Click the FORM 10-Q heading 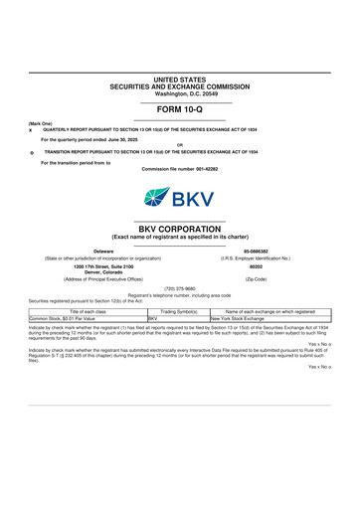[x=179, y=108]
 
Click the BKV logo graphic [x=180, y=197]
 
